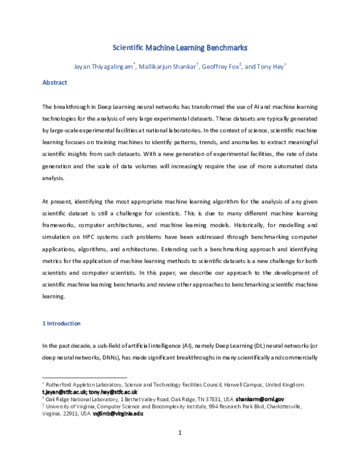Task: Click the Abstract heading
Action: pyautogui.click(x=55, y=82)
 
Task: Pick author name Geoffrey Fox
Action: pyautogui.click(x=223, y=66)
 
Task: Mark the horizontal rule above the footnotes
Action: pyautogui.click(x=85, y=378)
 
